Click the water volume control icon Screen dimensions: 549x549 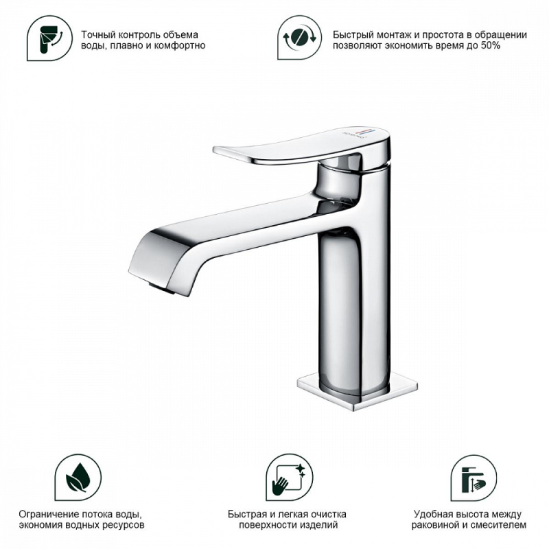pos(49,38)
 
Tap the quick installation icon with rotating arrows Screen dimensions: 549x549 pos(299,37)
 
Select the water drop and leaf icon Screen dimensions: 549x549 pos(78,478)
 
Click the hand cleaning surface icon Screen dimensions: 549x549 pos(289,478)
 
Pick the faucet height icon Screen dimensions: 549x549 pos(474,478)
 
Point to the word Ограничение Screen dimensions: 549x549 pos(48,514)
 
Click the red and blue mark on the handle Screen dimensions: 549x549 pos(364,132)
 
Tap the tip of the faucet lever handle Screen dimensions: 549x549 pos(215,150)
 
